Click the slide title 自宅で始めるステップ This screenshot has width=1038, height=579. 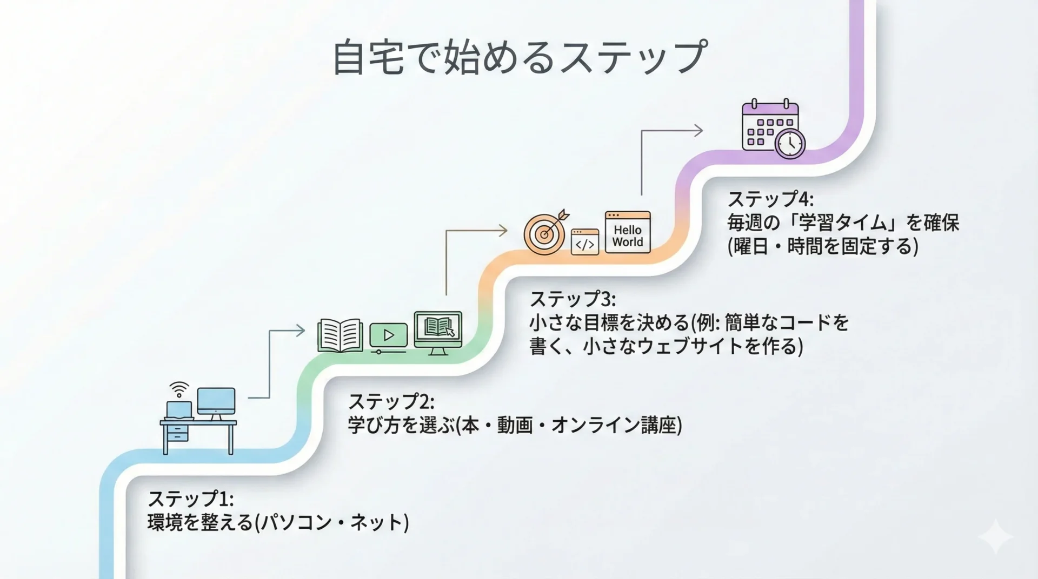click(x=519, y=57)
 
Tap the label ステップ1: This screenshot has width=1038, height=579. click(x=190, y=498)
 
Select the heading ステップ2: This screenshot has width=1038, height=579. click(x=391, y=402)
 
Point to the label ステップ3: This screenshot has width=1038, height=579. click(x=573, y=299)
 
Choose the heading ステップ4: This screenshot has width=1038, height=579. click(x=770, y=199)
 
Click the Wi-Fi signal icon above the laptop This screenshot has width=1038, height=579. click(x=179, y=389)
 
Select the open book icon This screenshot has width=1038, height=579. click(x=340, y=335)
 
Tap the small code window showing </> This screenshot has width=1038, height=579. click(x=585, y=241)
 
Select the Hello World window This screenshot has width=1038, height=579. click(x=628, y=232)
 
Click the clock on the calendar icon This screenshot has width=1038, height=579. click(x=790, y=143)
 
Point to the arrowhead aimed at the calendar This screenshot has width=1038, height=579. click(x=698, y=130)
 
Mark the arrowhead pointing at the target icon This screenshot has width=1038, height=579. click(x=503, y=231)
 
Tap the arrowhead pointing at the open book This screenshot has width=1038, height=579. click(x=300, y=331)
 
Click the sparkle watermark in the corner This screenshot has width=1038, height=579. click(x=995, y=537)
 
